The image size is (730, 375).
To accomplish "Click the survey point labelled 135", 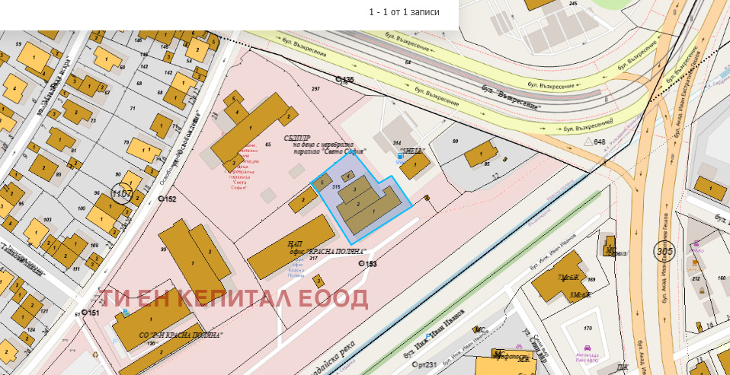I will coord(340,80).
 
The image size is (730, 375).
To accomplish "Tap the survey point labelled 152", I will coord(162,199).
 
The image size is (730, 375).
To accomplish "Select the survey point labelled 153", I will coord(361,264).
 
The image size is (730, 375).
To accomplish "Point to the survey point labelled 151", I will coord(85,313).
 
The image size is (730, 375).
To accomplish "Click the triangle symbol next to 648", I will coord(587,142).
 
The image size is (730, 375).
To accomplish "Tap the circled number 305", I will coord(664,250).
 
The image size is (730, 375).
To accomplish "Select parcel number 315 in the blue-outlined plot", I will coord(335,186).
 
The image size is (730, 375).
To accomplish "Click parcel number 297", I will coord(315,89).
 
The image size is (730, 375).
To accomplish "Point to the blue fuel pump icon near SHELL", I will coord(400,155).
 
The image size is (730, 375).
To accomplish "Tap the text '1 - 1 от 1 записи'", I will coord(404,12).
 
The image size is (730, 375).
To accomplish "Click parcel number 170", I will coord(588,329).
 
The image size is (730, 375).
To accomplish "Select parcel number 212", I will coord(696,279).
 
